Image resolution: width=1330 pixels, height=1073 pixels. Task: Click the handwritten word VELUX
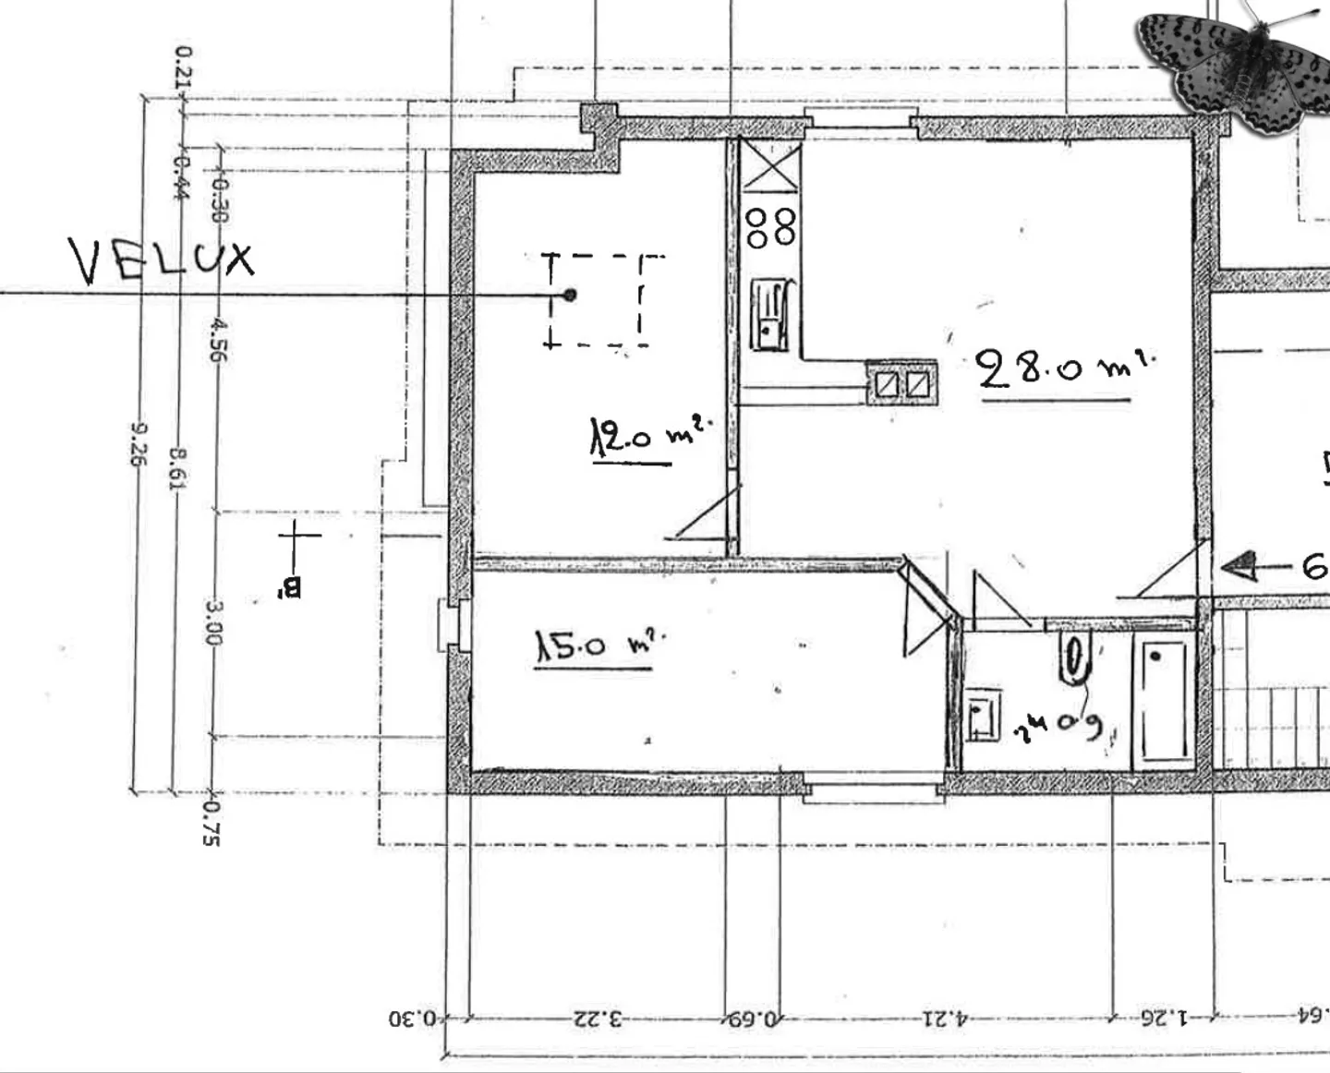[x=163, y=260]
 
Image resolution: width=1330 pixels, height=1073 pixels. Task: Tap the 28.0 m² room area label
[x=1062, y=369]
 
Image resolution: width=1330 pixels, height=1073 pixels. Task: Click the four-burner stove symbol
[x=771, y=227]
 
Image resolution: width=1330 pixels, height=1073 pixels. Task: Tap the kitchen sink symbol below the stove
[x=768, y=315]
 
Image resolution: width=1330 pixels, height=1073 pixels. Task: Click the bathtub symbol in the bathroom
[x=1162, y=701]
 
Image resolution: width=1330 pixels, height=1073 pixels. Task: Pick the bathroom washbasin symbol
[x=983, y=714]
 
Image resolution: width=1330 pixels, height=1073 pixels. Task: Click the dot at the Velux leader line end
[x=570, y=295]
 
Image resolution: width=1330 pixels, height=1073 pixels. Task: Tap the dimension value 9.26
[x=139, y=443]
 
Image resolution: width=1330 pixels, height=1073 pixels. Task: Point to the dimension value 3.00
[x=212, y=623]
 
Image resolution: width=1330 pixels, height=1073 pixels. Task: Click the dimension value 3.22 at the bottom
[x=598, y=1019]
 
